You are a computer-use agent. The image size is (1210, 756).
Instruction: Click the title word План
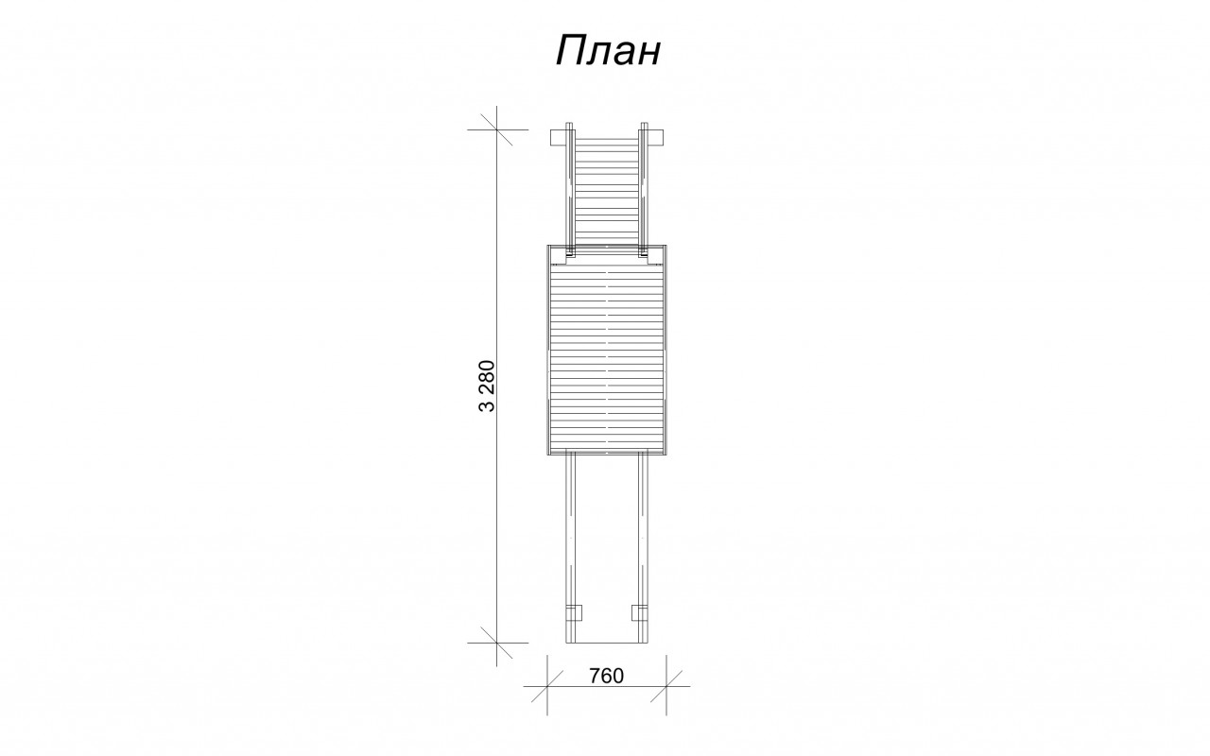point(608,51)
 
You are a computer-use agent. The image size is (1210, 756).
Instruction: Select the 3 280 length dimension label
point(487,387)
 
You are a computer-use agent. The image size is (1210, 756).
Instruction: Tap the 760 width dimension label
point(606,676)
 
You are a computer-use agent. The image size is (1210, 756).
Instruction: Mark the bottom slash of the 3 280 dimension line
point(496,644)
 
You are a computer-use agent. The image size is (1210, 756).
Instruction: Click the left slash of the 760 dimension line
point(547,686)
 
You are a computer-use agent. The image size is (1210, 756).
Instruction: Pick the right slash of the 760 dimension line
point(666,686)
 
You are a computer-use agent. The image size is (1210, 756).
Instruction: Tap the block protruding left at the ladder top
point(559,137)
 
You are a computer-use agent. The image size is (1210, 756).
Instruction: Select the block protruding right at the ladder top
point(655,137)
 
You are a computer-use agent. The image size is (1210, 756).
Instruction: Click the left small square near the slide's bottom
point(574,612)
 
